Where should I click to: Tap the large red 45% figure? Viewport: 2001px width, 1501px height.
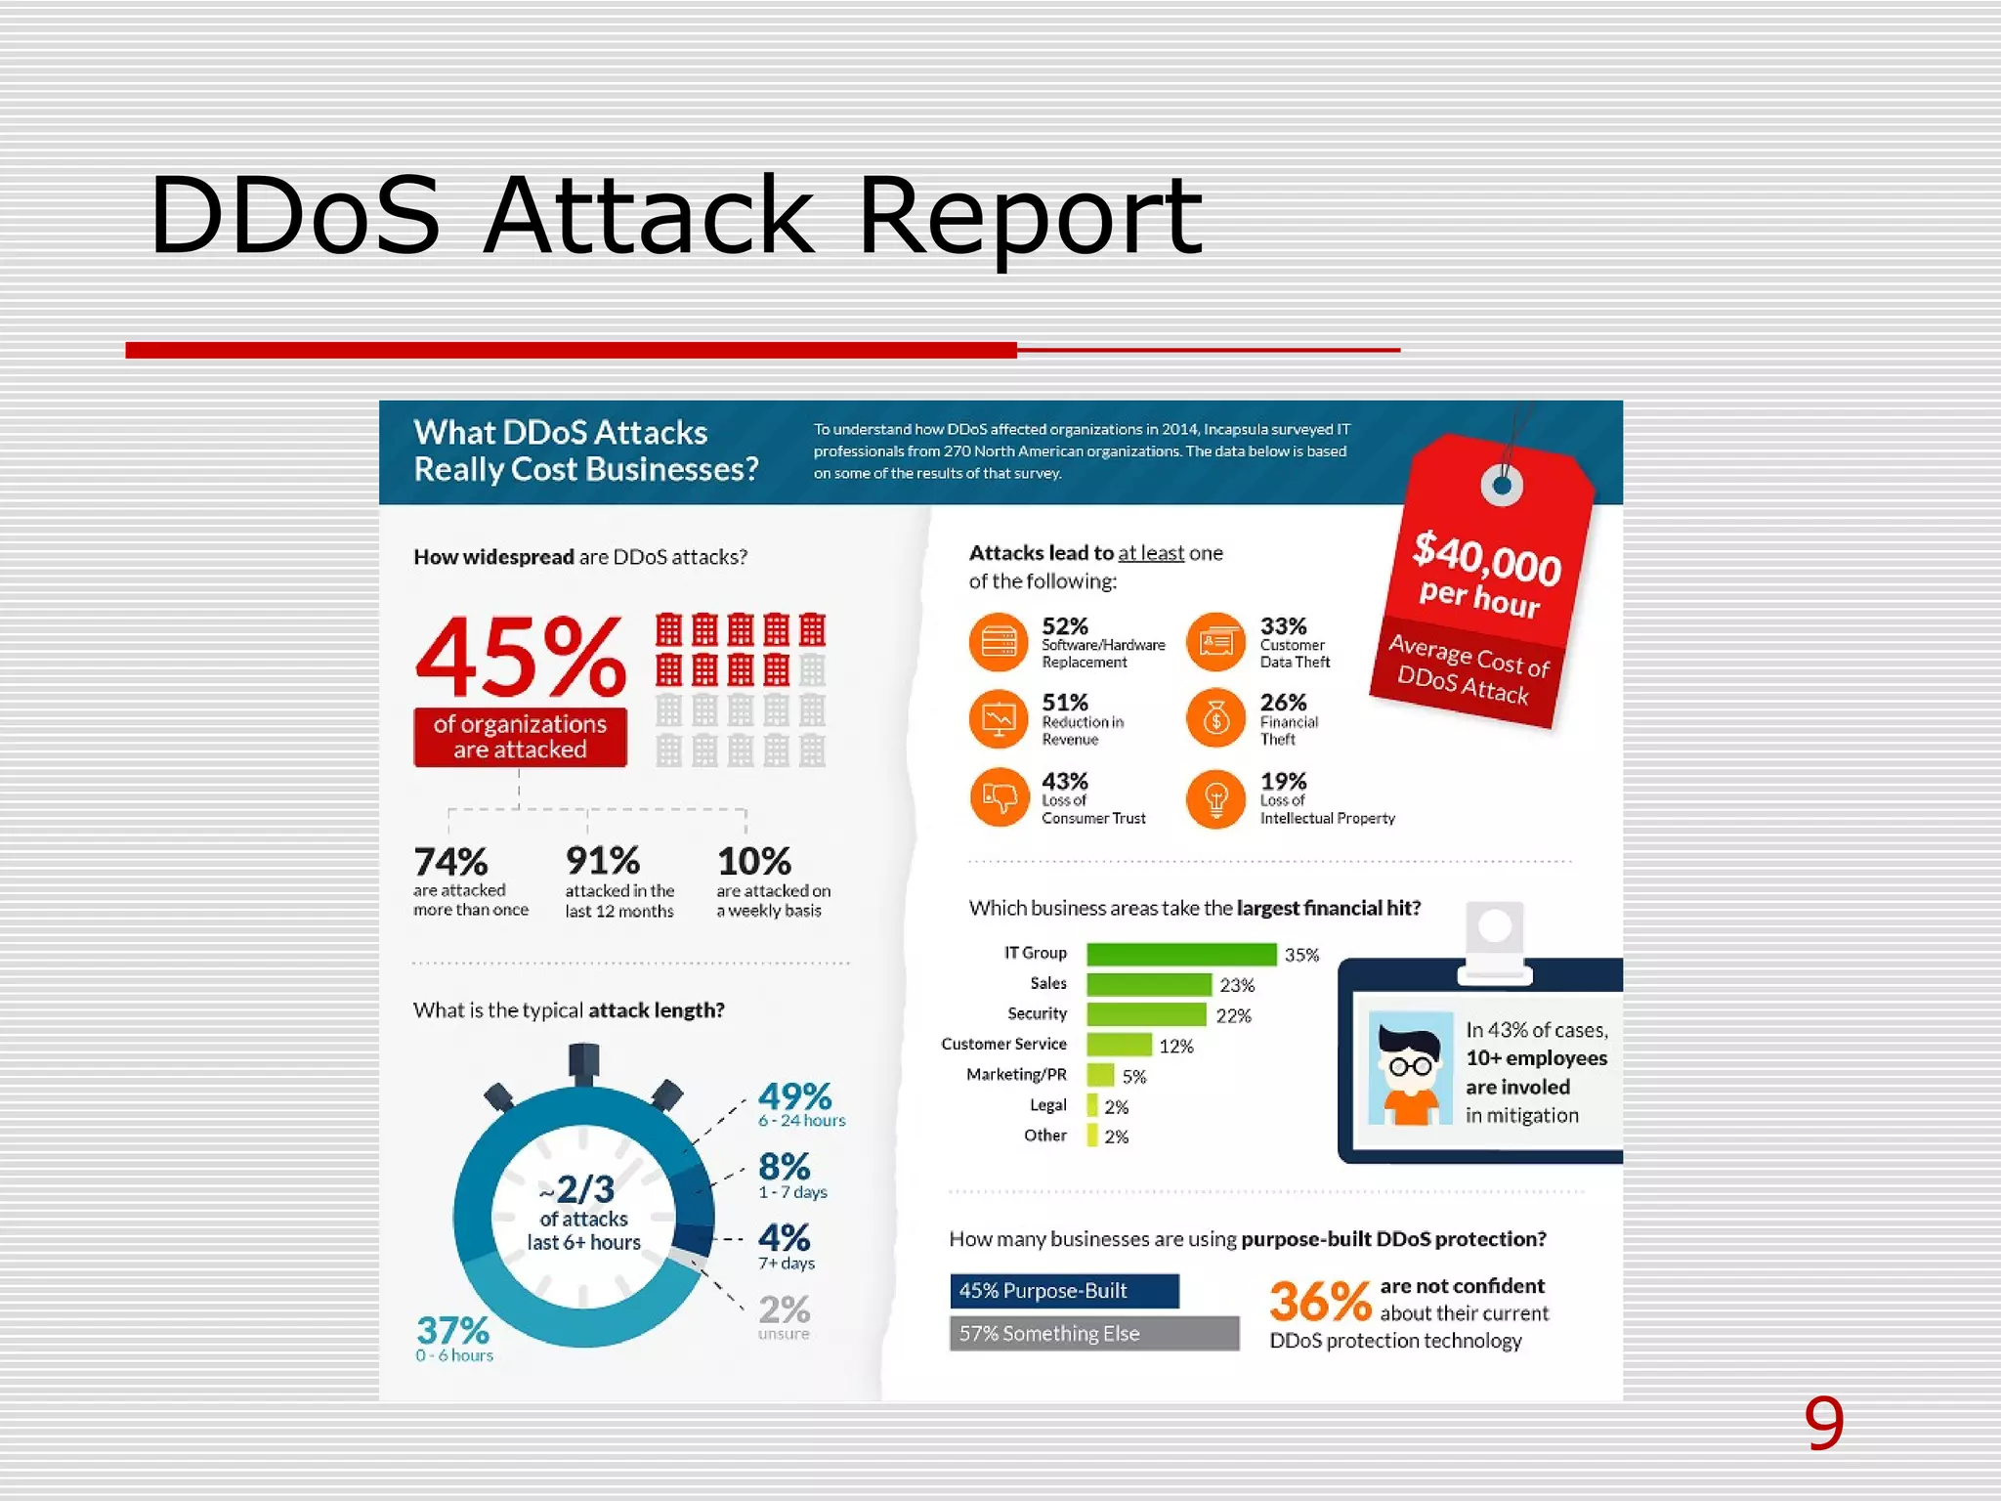coord(520,656)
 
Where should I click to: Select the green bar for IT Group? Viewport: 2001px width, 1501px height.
coord(1180,954)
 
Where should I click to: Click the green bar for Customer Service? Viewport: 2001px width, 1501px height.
coord(1119,1045)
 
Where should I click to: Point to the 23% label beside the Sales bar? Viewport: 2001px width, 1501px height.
coord(1237,985)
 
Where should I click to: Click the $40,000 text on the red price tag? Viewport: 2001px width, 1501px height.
coord(1486,557)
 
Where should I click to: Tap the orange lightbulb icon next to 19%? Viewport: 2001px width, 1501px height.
coord(1215,798)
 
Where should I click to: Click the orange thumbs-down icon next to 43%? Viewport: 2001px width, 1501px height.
coord(999,797)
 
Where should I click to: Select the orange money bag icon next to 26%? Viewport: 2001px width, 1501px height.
coord(1215,719)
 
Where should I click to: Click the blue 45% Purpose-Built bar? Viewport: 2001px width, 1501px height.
coord(1064,1291)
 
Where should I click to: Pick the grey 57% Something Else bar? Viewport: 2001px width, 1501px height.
coord(1093,1334)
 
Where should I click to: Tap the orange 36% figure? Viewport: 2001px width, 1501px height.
coord(1320,1303)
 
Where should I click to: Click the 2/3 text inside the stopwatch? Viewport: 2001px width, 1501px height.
coord(583,1189)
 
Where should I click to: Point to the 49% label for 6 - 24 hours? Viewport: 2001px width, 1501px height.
coord(794,1096)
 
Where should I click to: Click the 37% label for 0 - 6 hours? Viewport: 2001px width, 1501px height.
coord(452,1331)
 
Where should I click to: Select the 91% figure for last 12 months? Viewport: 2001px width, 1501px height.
coord(602,861)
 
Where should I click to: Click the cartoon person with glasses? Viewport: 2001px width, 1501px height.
coord(1410,1070)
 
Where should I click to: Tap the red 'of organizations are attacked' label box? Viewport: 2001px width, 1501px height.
coord(520,737)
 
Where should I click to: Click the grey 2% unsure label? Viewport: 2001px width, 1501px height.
coord(784,1310)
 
